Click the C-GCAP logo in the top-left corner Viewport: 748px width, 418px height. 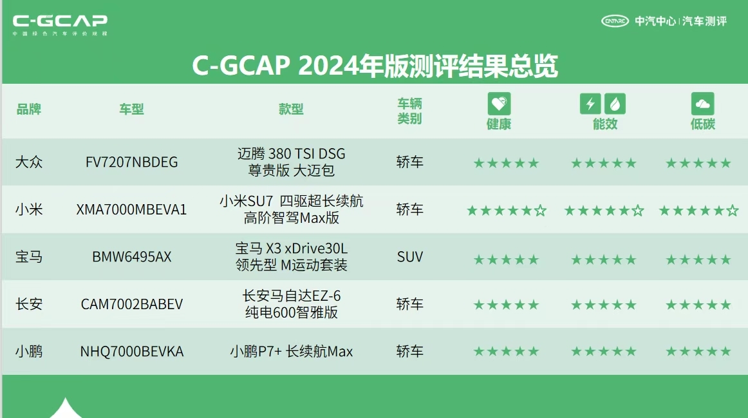[x=60, y=24]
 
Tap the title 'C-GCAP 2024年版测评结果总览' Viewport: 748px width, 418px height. [x=374, y=66]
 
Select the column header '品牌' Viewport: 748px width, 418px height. [x=29, y=109]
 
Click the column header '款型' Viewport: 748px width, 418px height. [x=291, y=109]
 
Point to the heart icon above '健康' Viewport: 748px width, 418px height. [x=499, y=103]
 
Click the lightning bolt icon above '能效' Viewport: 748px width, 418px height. [x=590, y=103]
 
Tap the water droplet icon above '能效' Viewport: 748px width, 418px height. [x=615, y=103]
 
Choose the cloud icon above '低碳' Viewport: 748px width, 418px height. [x=702, y=103]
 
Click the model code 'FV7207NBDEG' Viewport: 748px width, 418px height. [x=131, y=162]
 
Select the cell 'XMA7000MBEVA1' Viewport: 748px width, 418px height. [x=131, y=209]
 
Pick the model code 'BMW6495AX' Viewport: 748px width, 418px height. [x=131, y=257]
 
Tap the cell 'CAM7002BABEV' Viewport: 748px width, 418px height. [x=131, y=304]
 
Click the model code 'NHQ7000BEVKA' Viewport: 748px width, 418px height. [x=131, y=352]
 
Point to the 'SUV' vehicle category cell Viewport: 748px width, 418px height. [x=409, y=257]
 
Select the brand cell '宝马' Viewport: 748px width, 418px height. [x=29, y=257]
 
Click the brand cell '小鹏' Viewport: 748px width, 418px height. [x=29, y=352]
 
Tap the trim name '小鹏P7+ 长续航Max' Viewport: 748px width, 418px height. [x=291, y=352]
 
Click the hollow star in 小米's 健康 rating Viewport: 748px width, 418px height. [x=540, y=211]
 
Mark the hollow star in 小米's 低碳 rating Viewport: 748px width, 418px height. [x=733, y=211]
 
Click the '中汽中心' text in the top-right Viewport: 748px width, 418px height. [x=655, y=21]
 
